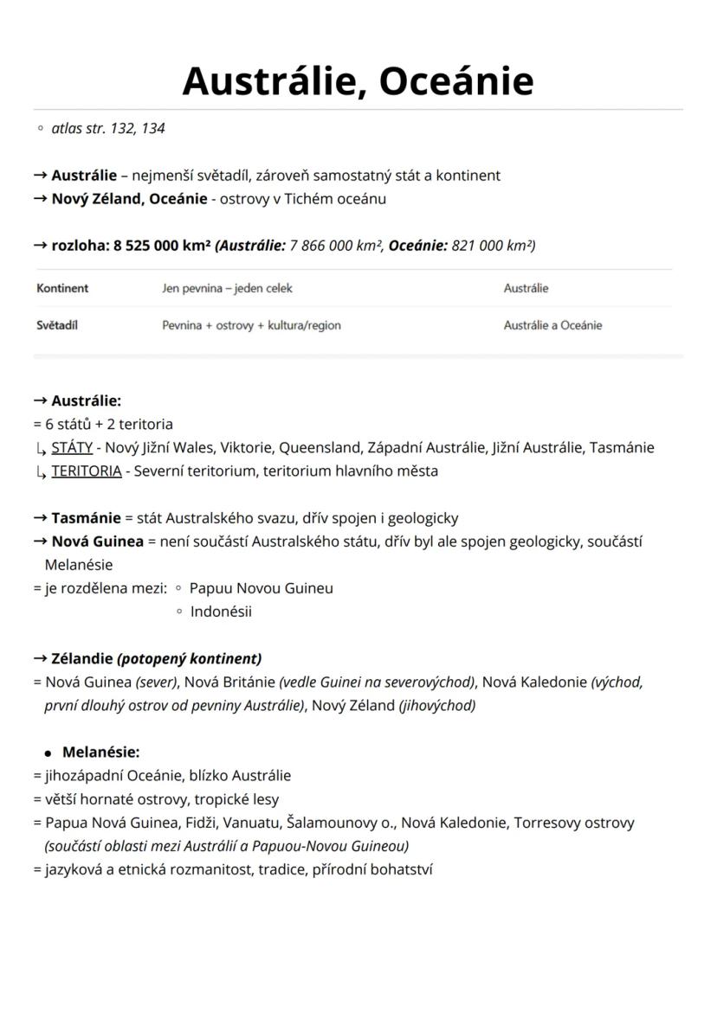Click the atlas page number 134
(153, 129)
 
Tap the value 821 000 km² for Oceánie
(494, 246)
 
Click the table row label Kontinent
(62, 288)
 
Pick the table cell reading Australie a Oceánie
(552, 326)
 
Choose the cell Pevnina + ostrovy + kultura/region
(251, 326)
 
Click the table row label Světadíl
(57, 326)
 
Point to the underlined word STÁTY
(72, 448)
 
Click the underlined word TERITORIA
(86, 471)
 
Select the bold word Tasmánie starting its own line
(86, 519)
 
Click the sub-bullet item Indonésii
(221, 612)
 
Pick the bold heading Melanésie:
(100, 753)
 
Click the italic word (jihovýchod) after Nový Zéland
(437, 706)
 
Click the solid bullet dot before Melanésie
(48, 753)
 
